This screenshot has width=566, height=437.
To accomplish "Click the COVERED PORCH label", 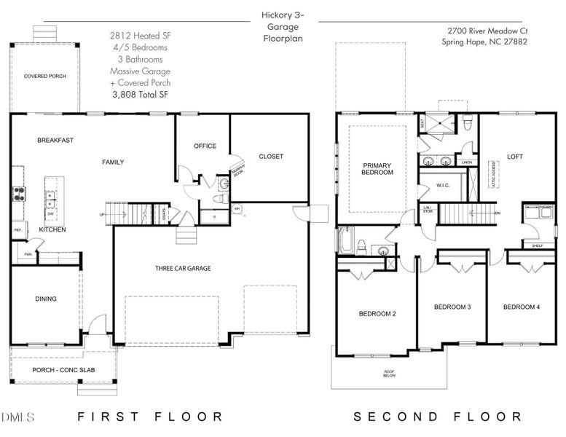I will coord(46,76).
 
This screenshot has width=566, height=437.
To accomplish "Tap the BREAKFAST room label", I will coord(55,140).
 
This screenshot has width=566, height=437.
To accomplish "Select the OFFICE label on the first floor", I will coord(205,146).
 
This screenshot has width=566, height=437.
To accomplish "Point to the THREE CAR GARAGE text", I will coord(183,268).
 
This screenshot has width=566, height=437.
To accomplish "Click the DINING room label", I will coord(46,299).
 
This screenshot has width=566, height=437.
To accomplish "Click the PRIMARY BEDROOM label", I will coord(377,169).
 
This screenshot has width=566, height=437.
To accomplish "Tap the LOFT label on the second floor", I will coord(515,157).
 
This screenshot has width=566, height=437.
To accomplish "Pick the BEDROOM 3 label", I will coord(452,307).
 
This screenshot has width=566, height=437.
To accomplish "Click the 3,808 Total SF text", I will coord(141,94).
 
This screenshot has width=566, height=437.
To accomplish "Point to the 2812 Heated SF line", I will coord(141,35).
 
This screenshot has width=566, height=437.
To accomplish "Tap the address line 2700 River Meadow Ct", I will coord(484,31).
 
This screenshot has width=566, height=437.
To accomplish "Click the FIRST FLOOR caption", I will coord(150,417).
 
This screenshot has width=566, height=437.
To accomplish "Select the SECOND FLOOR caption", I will coord(438,417).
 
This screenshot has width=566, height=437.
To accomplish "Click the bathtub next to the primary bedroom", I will coord(345,240).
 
